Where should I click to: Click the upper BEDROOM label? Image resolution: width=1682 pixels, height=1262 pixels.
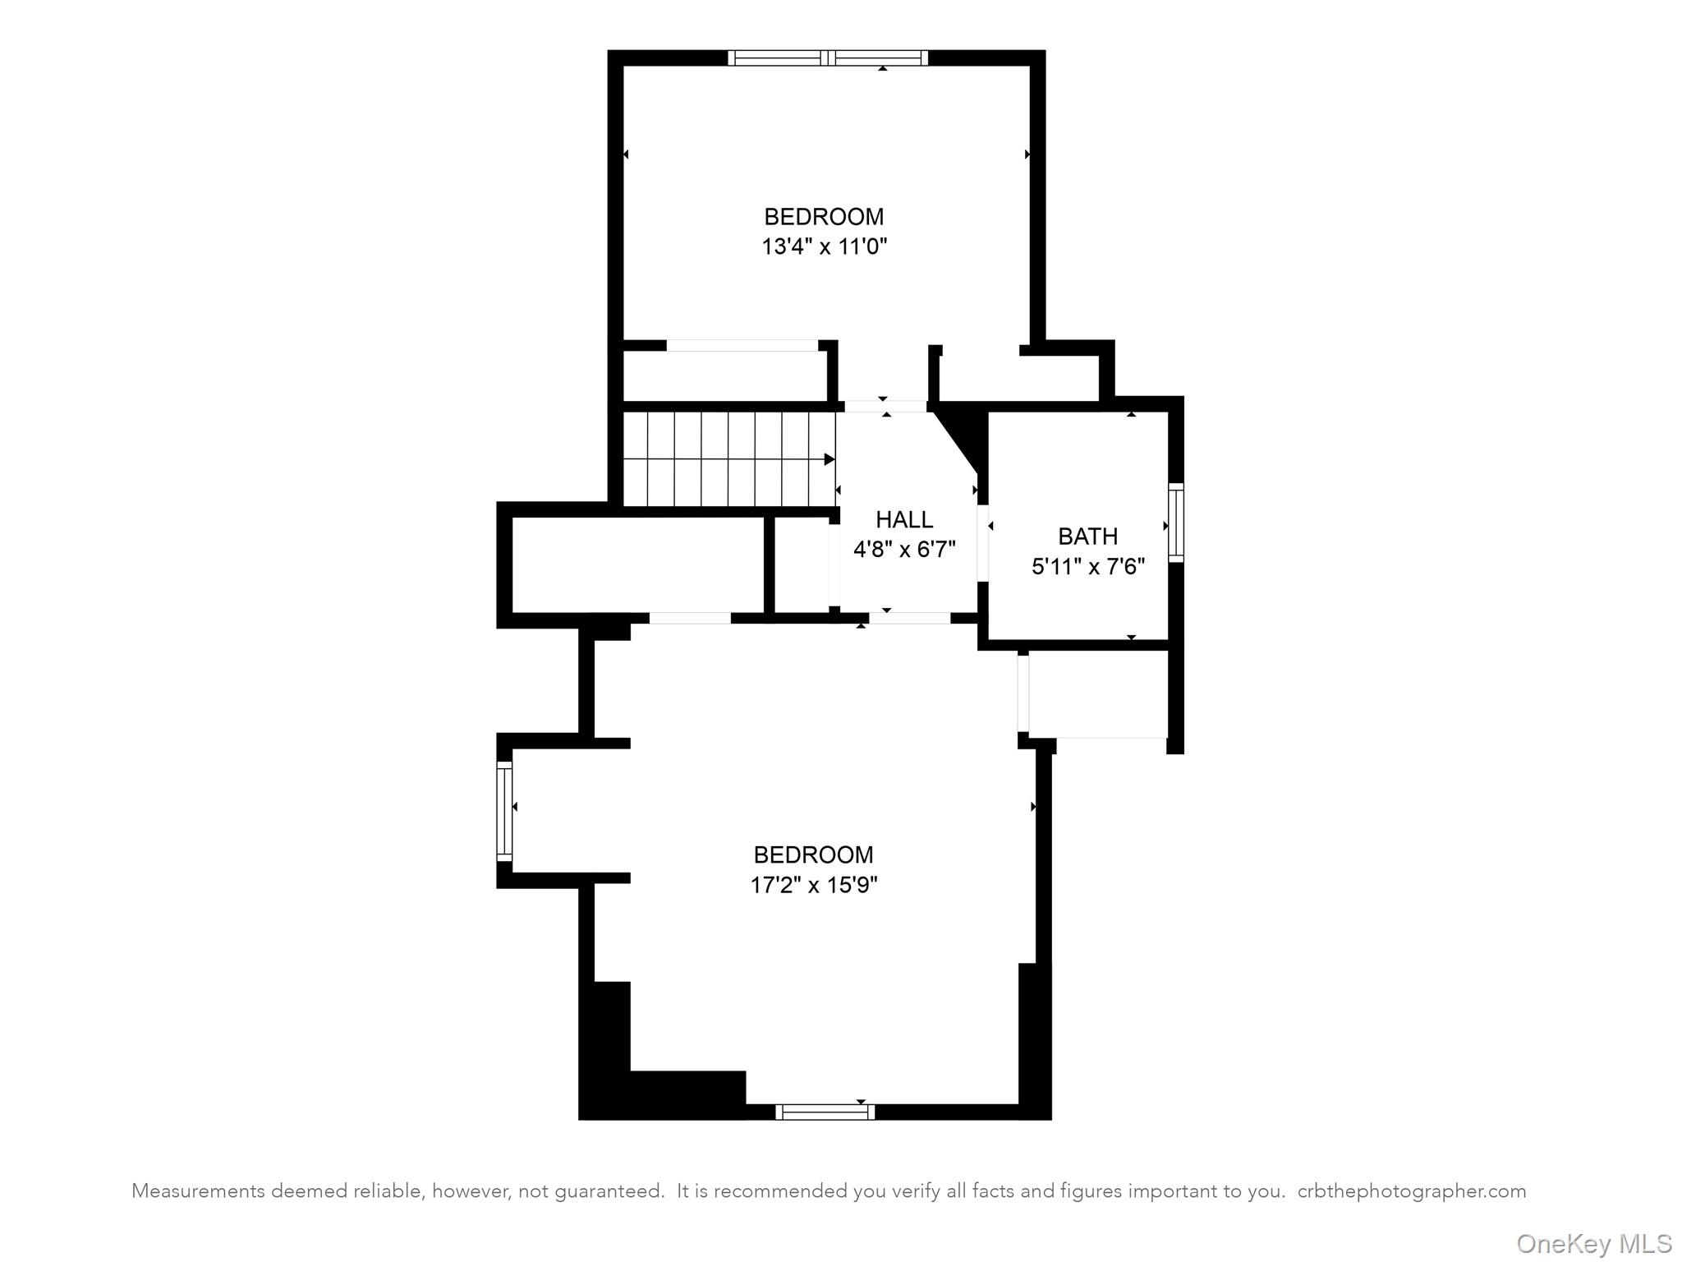824,217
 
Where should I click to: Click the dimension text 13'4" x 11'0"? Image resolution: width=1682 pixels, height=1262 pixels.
824,246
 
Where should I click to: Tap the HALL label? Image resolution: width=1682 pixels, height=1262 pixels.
903,519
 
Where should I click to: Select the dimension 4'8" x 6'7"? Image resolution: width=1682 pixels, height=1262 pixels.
903,549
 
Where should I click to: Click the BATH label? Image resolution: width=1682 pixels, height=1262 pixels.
1087,537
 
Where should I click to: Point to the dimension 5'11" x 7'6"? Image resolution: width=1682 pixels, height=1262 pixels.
1087,566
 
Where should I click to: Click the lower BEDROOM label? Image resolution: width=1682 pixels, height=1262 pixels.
813,855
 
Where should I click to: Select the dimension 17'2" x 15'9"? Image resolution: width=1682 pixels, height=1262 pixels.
813,885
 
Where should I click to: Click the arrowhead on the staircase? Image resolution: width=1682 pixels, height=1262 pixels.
830,459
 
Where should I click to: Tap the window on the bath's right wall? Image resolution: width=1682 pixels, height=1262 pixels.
1176,523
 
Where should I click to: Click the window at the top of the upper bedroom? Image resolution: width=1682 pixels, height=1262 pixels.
828,58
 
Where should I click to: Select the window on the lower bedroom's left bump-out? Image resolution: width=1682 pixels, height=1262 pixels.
504,811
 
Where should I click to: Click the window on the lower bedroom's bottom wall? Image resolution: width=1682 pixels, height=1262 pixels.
825,1112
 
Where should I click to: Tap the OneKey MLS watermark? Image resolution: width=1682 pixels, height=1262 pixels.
1593,1243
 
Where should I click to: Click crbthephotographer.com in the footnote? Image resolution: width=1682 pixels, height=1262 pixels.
1411,1191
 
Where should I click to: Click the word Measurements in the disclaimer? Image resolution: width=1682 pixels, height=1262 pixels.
197,1191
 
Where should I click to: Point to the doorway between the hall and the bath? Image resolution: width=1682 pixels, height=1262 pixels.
982,542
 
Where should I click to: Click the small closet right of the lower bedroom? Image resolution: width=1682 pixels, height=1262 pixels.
1096,694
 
